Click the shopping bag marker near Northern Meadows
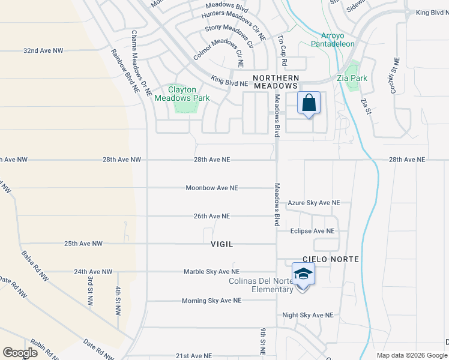(x=309, y=103)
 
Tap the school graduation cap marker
(x=303, y=275)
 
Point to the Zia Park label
(x=368, y=78)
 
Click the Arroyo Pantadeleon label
(x=333, y=40)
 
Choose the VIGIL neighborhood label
(x=221, y=244)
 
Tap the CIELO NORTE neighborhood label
(x=331, y=259)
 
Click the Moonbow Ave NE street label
(x=212, y=188)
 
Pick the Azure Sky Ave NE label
(x=313, y=203)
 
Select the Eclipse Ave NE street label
(x=312, y=231)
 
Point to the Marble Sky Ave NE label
(x=211, y=272)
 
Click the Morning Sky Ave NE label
(x=211, y=301)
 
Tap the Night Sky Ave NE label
(x=307, y=315)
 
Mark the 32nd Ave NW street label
(x=43, y=51)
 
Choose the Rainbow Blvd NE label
(x=124, y=70)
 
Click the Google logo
(x=20, y=352)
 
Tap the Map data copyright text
(x=411, y=355)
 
